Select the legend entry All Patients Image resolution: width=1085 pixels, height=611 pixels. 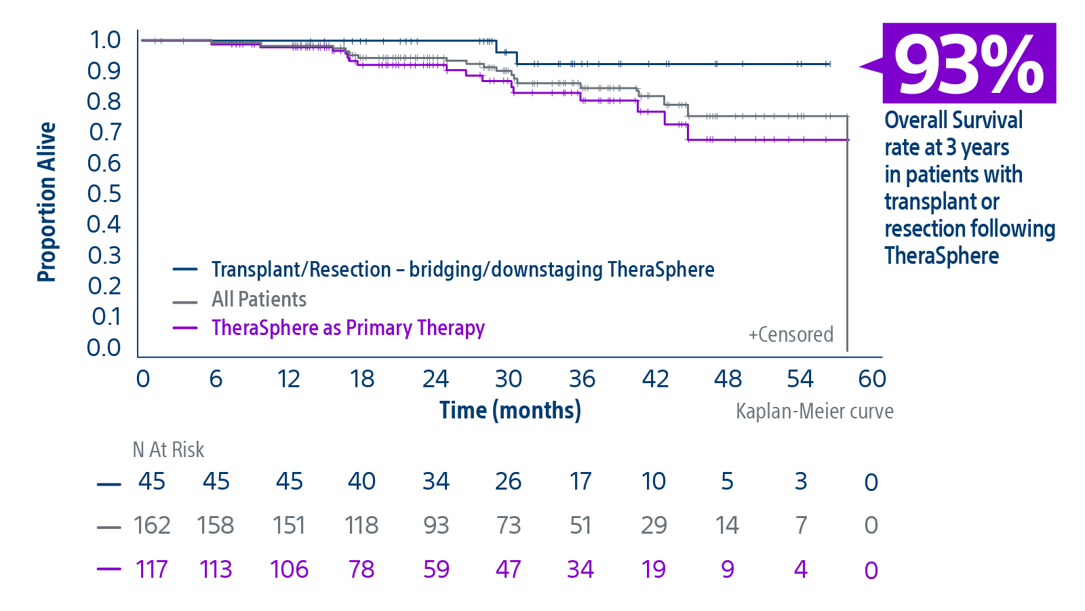(x=258, y=299)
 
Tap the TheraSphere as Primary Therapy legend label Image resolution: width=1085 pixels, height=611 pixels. (x=348, y=328)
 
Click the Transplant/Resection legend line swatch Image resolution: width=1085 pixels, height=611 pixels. (x=185, y=270)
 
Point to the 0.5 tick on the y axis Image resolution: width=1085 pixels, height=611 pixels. (x=104, y=194)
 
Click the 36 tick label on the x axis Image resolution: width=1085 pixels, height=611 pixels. (x=582, y=378)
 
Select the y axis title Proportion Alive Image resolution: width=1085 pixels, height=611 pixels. (x=47, y=201)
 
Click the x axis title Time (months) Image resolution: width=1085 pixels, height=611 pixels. (x=510, y=410)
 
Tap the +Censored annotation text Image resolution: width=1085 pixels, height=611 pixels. (x=791, y=334)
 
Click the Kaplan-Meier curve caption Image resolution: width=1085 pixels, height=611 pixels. (x=814, y=411)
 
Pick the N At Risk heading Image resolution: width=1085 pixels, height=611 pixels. (x=168, y=450)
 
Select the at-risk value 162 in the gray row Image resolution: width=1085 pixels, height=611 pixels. (x=151, y=525)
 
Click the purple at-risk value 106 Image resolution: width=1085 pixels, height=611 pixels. (x=289, y=569)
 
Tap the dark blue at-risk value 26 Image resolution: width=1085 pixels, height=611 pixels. (x=508, y=481)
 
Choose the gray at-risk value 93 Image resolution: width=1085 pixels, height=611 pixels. (x=435, y=525)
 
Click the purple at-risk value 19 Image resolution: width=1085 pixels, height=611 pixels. (x=654, y=569)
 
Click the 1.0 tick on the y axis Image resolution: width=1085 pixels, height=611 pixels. (x=105, y=40)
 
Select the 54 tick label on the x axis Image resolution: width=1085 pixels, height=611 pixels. (x=800, y=378)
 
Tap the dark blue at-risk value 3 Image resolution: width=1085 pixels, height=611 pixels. (x=801, y=481)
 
